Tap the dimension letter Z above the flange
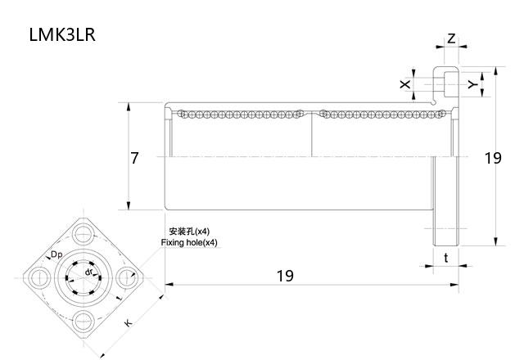452,39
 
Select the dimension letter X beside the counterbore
404,84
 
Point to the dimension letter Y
472,84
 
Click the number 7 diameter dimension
134,158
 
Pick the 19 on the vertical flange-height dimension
492,158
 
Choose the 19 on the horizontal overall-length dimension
283,276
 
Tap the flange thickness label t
445,258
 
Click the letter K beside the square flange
129,324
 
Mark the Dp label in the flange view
56,255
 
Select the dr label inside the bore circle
88,272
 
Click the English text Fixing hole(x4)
189,243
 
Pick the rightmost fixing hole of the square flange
128,277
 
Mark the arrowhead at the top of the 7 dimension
129,106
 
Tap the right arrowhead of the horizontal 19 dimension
455,284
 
